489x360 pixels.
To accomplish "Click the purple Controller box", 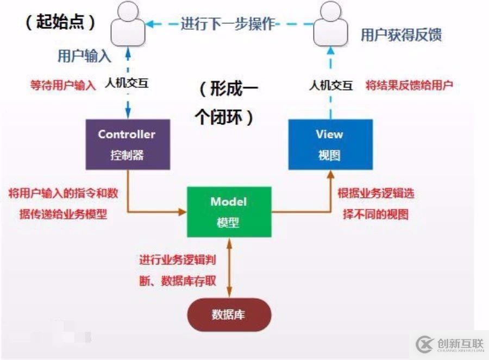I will (127, 144).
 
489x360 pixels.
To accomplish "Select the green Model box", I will (229, 212).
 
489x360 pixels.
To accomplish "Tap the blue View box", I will (330, 144).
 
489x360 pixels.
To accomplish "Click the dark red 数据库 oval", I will (229, 314).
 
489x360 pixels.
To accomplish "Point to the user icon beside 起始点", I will (128, 24).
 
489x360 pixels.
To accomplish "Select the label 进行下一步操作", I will (228, 24).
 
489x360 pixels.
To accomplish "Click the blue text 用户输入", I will (84, 56).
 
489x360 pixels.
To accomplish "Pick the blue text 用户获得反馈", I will (401, 35).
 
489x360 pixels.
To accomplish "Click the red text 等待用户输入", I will (62, 85).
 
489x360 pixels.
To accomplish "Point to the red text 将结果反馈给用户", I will (409, 85).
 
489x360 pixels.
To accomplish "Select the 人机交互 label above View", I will (331, 85).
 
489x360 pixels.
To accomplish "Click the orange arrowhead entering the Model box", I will (183, 212).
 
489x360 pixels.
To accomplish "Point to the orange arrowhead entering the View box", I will (329, 174).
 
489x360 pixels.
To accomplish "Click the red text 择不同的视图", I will (375, 214).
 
